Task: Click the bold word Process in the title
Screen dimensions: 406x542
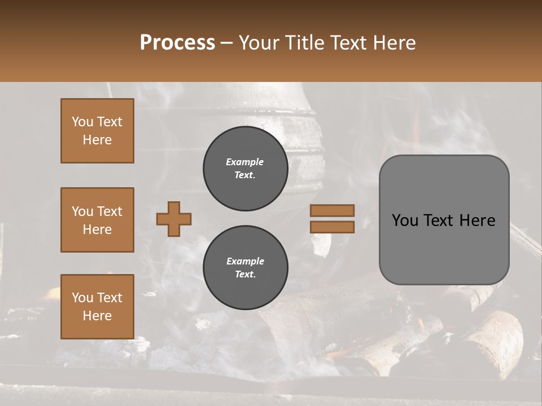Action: pos(177,43)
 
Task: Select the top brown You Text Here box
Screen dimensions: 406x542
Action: pos(97,131)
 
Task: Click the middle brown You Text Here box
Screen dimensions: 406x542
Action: pos(97,220)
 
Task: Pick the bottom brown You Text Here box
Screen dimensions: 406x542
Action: pos(97,307)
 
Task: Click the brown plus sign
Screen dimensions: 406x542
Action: pos(174,219)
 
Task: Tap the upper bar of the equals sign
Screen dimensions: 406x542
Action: pos(333,210)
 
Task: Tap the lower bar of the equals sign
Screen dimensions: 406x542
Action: pos(333,227)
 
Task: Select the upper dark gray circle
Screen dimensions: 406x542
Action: pos(245,169)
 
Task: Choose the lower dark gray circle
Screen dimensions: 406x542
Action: pos(245,268)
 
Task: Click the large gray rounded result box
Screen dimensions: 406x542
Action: pos(444,220)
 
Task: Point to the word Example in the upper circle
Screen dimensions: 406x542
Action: pos(245,162)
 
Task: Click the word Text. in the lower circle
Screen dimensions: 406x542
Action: pos(245,275)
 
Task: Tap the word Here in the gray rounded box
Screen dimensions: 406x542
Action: pos(477,220)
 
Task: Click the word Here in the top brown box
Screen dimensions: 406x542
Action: pos(97,140)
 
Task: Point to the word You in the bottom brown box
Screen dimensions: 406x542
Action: pos(82,298)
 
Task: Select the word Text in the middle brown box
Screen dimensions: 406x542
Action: pos(109,211)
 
